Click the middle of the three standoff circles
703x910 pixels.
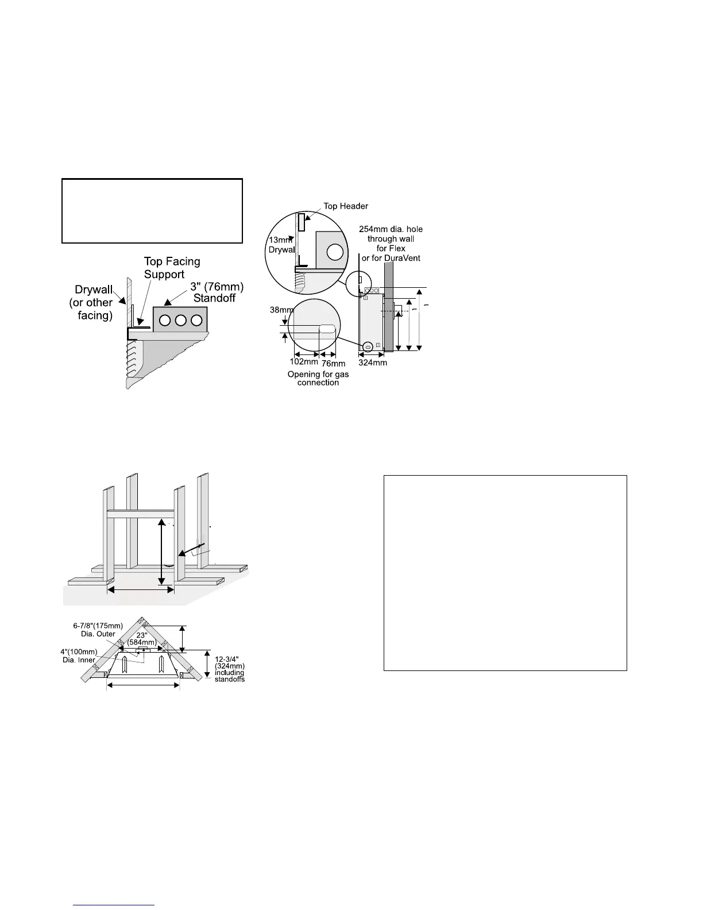click(180, 321)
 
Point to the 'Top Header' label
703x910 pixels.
click(346, 206)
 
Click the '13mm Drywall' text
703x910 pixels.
click(281, 245)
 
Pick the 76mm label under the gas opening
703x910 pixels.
click(333, 363)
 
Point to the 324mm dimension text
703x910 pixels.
click(372, 363)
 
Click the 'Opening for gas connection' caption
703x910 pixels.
click(318, 378)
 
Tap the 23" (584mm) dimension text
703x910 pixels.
click(141, 639)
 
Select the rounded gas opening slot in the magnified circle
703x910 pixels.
click(327, 330)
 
